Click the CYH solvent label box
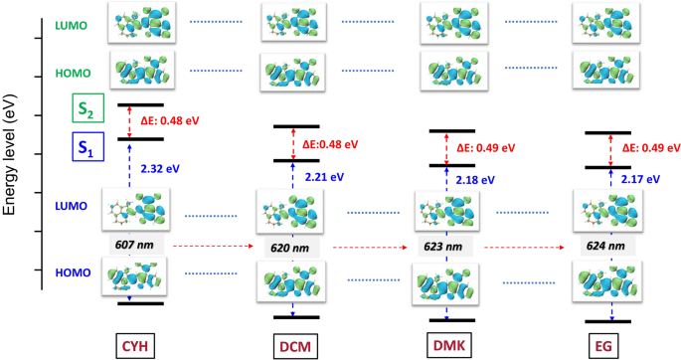click(x=137, y=344)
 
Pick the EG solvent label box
click(x=605, y=344)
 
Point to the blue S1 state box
click(x=85, y=149)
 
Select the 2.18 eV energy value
click(x=477, y=181)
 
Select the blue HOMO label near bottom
click(x=75, y=271)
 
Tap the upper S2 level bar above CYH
click(x=138, y=104)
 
